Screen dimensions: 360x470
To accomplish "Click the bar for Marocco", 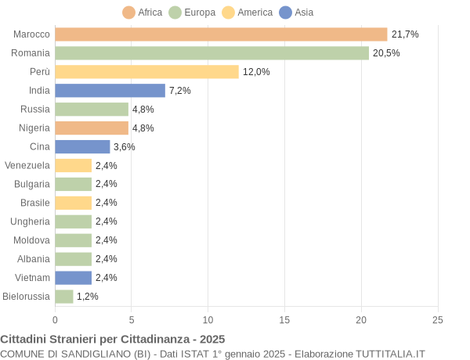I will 221,34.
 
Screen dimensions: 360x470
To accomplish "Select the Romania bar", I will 211,53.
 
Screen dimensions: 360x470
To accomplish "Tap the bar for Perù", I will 146,72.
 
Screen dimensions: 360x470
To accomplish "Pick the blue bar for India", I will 110,91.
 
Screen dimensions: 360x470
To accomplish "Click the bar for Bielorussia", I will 64,297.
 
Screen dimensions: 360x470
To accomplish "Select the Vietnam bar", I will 73,278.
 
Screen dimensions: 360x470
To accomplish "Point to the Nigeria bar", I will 92,128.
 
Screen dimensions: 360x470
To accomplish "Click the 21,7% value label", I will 405,34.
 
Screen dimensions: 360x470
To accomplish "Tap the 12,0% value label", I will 256,72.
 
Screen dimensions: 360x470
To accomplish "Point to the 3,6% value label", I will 125,147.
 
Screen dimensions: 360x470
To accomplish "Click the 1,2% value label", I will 88,297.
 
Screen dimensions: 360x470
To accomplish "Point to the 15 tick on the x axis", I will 284,320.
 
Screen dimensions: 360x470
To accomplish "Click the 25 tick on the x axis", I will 438,320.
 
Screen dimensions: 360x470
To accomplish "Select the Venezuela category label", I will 27,165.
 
